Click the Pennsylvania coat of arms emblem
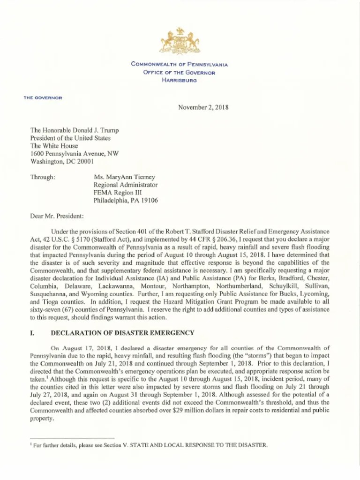click(180, 42)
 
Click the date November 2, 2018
click(203, 107)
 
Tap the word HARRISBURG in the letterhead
click(180, 80)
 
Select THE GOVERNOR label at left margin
click(43, 97)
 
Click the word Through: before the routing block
click(43, 177)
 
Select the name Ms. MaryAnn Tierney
click(124, 177)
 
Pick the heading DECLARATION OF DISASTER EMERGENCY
click(122, 333)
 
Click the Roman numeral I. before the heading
click(32, 333)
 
